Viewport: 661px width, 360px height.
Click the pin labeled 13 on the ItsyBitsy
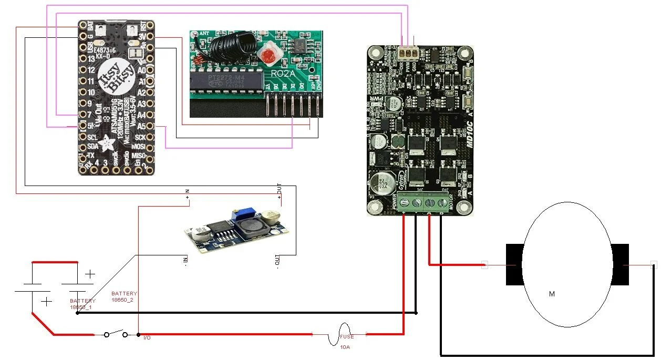pyautogui.click(x=82, y=59)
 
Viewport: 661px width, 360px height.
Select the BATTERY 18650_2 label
pyautogui.click(x=124, y=296)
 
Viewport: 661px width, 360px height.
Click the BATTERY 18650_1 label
pyautogui.click(x=82, y=304)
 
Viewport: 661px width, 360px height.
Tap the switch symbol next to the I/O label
pyautogui.click(x=116, y=334)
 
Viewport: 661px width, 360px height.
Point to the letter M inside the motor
pyautogui.click(x=552, y=294)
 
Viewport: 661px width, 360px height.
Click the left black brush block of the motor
pyautogui.click(x=514, y=265)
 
